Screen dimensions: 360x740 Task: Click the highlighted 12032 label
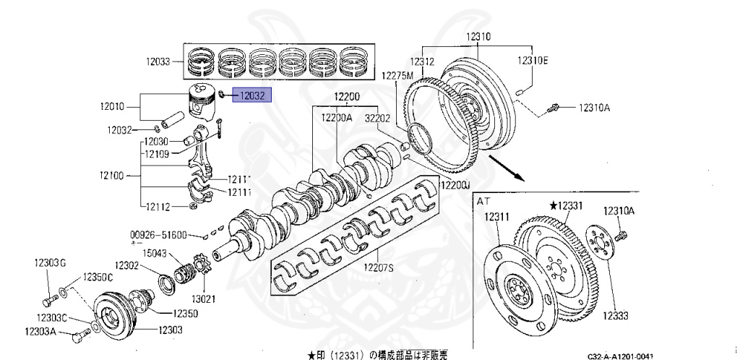click(252, 94)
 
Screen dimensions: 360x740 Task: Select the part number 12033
click(157, 62)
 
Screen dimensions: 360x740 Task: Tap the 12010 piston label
click(114, 106)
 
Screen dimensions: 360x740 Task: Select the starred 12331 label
click(566, 206)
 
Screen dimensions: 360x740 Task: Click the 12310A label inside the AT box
click(619, 211)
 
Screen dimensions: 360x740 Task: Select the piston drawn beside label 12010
click(204, 101)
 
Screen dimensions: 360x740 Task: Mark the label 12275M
click(397, 75)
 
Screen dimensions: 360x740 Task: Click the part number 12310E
click(532, 61)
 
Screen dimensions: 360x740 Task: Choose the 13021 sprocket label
click(199, 298)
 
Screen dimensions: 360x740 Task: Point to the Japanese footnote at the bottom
click(377, 354)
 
